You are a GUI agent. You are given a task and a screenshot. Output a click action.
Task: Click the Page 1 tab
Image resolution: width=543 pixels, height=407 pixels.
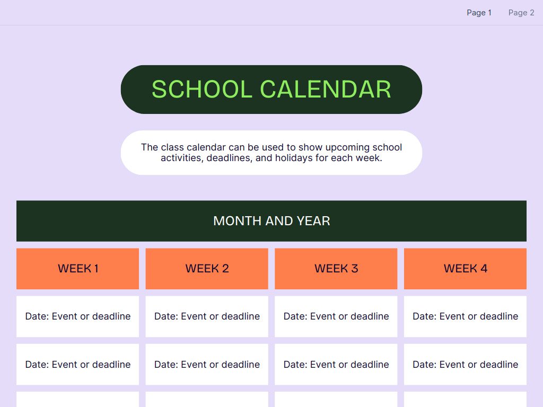[x=479, y=13]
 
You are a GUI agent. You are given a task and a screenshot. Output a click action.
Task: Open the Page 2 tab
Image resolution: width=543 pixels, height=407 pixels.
[x=521, y=13]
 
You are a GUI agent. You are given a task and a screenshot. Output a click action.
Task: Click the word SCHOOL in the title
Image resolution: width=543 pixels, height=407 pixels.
[x=202, y=90]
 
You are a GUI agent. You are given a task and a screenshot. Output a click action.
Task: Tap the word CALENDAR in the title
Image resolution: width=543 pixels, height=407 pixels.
[x=326, y=90]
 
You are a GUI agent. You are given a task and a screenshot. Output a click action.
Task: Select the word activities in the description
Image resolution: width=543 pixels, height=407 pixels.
[x=181, y=158]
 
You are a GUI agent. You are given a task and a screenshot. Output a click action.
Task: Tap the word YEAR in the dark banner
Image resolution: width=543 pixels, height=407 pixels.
[x=313, y=221]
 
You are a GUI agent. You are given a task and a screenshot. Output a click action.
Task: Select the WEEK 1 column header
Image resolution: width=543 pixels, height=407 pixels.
[x=77, y=269]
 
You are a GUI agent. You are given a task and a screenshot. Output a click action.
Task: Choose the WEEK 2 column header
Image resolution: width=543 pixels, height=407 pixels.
[x=207, y=269]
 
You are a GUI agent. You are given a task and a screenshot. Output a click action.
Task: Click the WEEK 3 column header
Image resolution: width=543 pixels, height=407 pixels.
[x=336, y=269]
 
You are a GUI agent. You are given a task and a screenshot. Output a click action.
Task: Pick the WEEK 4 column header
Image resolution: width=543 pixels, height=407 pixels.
[x=465, y=269]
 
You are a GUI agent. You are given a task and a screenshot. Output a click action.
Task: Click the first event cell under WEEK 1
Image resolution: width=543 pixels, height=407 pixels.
[x=77, y=316]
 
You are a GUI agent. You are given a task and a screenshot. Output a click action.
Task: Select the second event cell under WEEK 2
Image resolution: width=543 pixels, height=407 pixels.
[x=207, y=365]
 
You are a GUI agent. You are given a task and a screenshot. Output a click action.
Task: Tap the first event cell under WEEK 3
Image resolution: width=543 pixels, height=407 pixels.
[x=336, y=316]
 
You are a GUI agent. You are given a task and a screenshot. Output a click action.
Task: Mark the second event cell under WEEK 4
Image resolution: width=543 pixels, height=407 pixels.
[x=465, y=365]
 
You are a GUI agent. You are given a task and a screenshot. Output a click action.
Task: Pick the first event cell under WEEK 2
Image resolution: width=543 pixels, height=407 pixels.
[x=207, y=316]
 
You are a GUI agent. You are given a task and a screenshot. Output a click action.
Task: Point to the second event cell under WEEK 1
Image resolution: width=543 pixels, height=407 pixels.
[x=77, y=365]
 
